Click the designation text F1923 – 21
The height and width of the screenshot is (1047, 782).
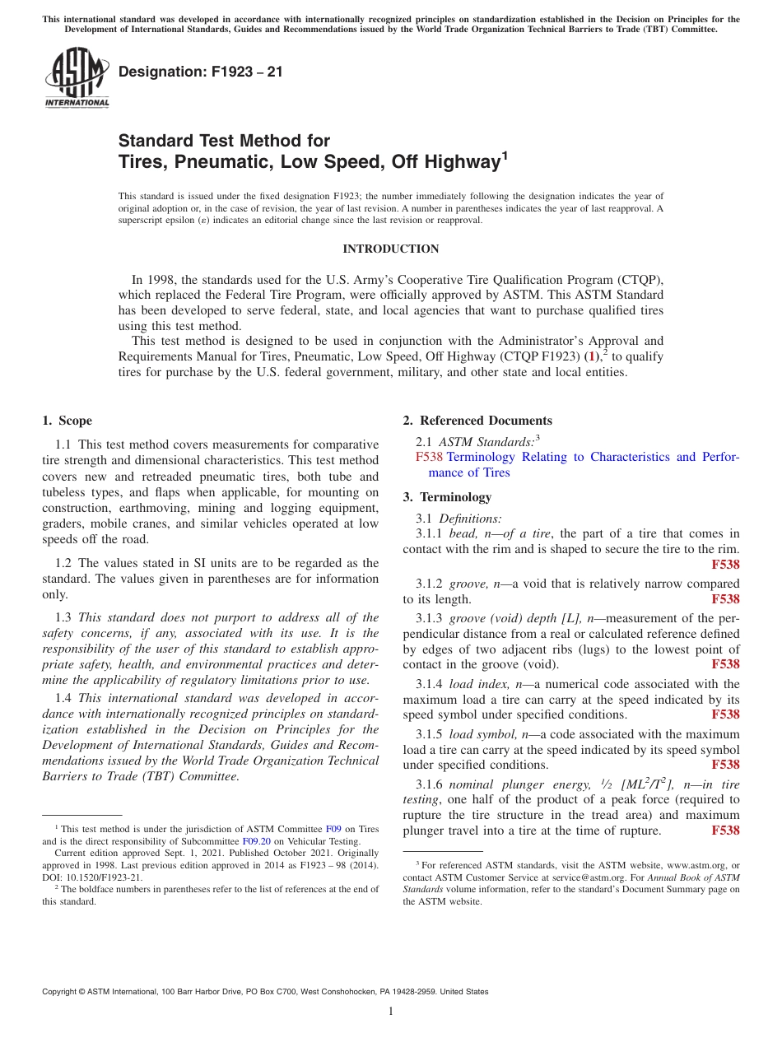pyautogui.click(x=201, y=72)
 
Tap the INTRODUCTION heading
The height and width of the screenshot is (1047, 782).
pyautogui.click(x=390, y=249)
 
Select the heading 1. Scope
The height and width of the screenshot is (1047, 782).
pyautogui.click(x=67, y=421)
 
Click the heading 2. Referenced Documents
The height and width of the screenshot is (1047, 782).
pyautogui.click(x=477, y=421)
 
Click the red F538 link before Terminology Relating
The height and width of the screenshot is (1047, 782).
pyautogui.click(x=429, y=457)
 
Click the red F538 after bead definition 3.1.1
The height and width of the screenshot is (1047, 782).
pyautogui.click(x=725, y=565)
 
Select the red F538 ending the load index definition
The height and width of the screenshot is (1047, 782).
pyautogui.click(x=725, y=714)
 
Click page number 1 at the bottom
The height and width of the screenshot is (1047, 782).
pyautogui.click(x=391, y=1012)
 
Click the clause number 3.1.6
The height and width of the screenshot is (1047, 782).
pyautogui.click(x=431, y=784)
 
